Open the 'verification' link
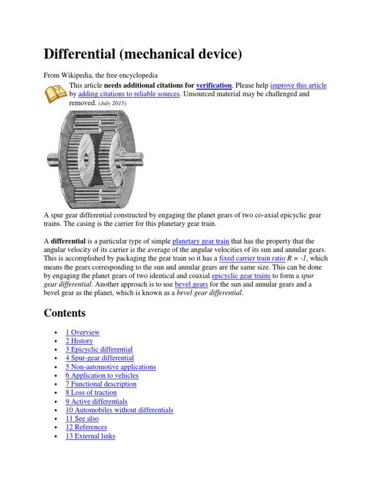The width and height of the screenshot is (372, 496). click(214, 85)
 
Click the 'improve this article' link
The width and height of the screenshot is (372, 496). click(298, 85)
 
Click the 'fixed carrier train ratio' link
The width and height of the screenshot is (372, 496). click(253, 258)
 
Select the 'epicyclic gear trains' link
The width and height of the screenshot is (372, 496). click(241, 276)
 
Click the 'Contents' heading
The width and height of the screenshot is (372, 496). click(64, 313)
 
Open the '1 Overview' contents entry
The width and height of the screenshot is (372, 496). click(82, 332)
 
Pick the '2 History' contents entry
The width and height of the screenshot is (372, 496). click(79, 341)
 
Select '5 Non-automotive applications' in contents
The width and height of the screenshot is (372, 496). click(110, 367)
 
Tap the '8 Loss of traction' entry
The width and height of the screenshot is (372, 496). click(91, 392)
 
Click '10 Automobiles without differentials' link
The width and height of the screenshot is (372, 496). click(119, 410)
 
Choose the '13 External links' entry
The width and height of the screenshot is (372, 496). click(90, 436)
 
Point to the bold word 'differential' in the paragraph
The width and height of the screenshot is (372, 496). click(68, 241)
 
